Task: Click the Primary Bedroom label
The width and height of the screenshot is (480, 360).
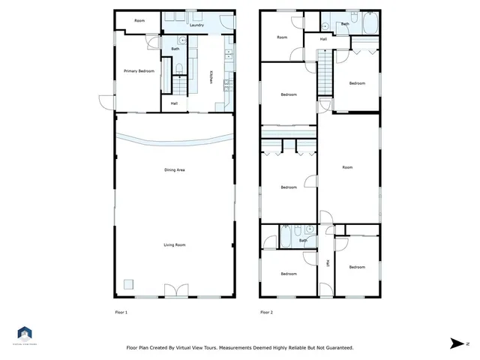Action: [x=139, y=71]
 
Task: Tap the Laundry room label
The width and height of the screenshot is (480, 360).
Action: [x=197, y=25]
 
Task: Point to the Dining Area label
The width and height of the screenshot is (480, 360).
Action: [x=175, y=170]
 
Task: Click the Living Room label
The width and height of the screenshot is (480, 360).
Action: [x=175, y=245]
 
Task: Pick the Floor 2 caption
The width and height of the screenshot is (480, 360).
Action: [x=266, y=312]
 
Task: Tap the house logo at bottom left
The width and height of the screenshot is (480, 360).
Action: [x=24, y=333]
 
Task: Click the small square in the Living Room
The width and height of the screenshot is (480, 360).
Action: [x=129, y=284]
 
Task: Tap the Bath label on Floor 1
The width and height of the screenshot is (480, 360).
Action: [x=175, y=49]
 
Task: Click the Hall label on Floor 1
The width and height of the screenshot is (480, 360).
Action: [x=174, y=103]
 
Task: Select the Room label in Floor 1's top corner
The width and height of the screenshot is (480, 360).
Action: [x=139, y=21]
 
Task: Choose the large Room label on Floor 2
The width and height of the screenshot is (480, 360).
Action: [x=347, y=167]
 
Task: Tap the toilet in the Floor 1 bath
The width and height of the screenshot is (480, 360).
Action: [x=178, y=70]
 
